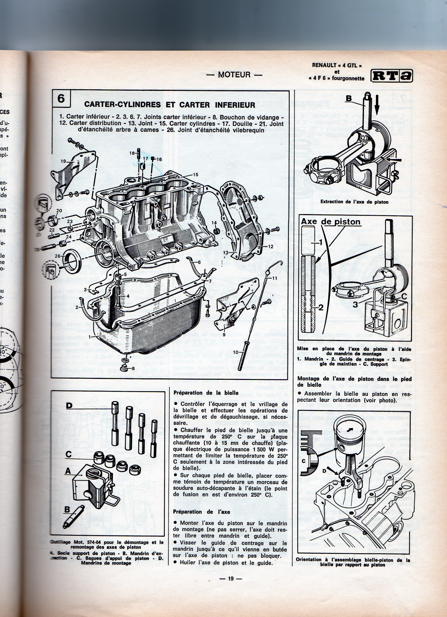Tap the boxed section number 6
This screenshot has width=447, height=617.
(61, 99)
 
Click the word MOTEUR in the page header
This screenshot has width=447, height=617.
(234, 75)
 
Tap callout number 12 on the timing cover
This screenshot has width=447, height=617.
(271, 247)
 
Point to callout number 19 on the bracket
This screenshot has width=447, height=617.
(63, 161)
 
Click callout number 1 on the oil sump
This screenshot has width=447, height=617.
(89, 337)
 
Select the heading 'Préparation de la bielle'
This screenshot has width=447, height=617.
(206, 393)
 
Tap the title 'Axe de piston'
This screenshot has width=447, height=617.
(331, 222)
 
